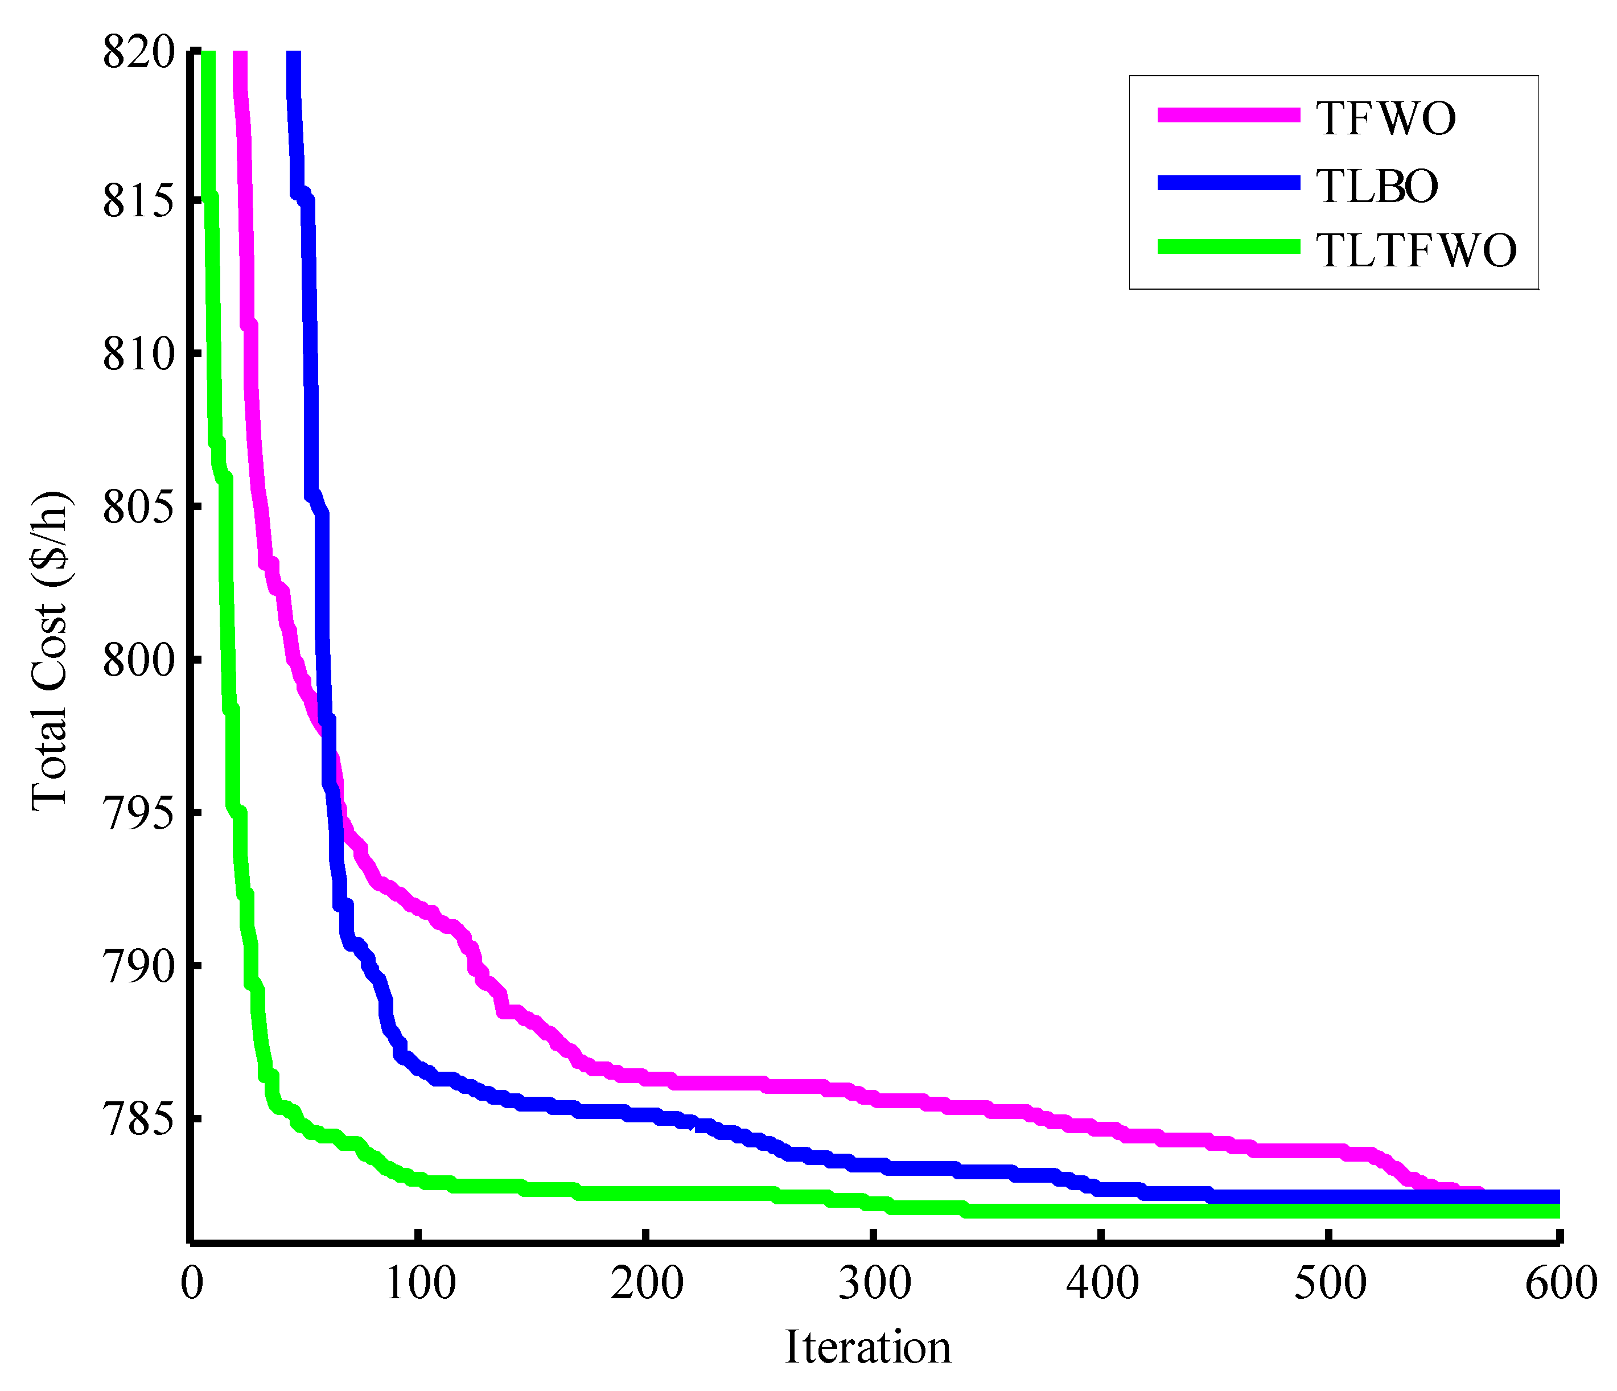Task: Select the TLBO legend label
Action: click(x=1377, y=186)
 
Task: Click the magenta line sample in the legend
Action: click(x=1229, y=115)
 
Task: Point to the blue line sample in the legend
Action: click(x=1229, y=183)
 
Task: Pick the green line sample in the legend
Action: click(x=1229, y=246)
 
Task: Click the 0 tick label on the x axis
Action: click(x=192, y=1282)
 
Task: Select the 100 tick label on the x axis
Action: click(x=421, y=1282)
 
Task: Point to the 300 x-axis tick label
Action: click(x=875, y=1282)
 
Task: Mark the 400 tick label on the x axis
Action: click(x=1102, y=1282)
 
